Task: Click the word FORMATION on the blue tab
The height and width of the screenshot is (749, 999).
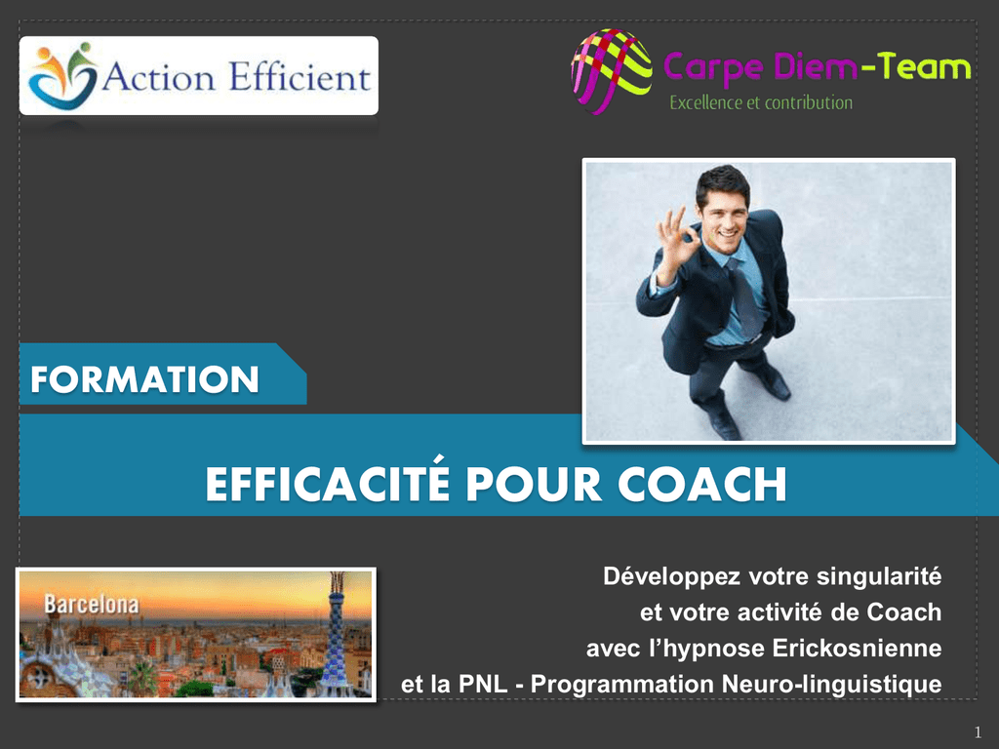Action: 144,379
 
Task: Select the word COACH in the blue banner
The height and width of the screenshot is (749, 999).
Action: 702,485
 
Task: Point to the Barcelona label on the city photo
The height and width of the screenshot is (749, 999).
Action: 91,604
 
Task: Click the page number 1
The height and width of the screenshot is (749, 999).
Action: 978,732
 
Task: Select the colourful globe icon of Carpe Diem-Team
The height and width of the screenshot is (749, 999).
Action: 611,71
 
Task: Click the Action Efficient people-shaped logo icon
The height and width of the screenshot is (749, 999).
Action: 62,75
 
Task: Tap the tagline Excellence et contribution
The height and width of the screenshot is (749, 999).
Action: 761,102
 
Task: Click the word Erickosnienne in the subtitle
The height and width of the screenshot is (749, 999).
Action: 857,648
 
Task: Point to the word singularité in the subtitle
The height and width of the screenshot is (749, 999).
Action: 879,576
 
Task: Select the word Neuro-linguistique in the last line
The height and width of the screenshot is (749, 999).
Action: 832,684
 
